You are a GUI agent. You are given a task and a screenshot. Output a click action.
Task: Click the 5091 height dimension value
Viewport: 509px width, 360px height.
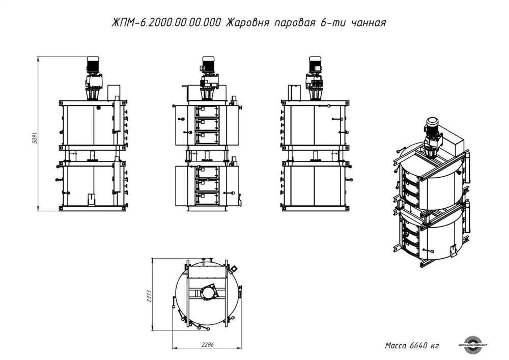point(35,138)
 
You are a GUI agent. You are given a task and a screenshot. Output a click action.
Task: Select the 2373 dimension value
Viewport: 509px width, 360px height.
point(149,296)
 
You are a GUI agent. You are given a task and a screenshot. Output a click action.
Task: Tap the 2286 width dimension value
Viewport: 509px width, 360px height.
point(208,345)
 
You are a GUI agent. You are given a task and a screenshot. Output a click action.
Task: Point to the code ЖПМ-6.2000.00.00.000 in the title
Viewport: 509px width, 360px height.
point(166,23)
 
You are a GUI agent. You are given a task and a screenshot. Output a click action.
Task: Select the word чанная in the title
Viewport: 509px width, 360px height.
point(369,23)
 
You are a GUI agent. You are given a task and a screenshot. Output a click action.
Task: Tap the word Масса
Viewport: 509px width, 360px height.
point(395,345)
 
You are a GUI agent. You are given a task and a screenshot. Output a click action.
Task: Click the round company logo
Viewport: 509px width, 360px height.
point(473,345)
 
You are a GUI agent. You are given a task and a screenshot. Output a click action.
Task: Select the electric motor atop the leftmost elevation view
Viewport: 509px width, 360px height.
point(93,65)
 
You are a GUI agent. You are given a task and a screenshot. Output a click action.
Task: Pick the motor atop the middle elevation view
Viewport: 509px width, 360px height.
point(208,64)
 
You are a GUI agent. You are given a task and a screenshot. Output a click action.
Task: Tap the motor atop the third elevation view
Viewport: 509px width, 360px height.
point(315,64)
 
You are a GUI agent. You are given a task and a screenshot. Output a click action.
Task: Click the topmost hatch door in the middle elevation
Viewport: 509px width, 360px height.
point(207,112)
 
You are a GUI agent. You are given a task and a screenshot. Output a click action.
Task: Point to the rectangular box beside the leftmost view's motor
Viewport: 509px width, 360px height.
point(114,93)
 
